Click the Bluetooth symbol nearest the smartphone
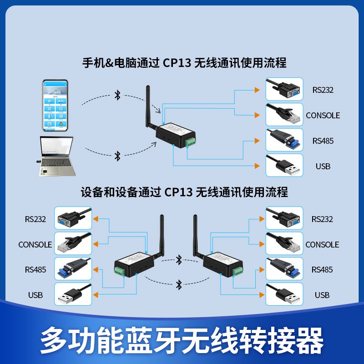[117, 95]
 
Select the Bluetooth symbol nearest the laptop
[117, 156]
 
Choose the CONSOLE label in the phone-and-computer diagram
[323, 116]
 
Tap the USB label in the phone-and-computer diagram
[323, 166]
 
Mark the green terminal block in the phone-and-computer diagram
[191, 141]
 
